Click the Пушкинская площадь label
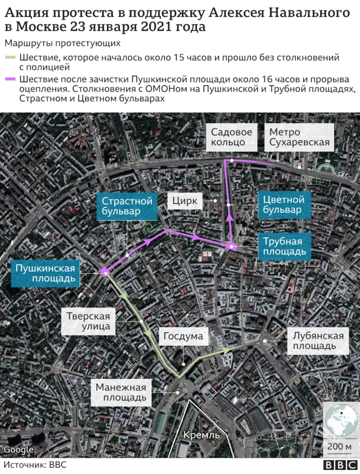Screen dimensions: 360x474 coord(46,272)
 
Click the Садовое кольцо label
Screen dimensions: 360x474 coord(231,137)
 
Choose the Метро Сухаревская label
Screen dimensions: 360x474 coord(299,137)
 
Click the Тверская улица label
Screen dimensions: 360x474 coord(88,320)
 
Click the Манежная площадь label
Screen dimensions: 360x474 coord(120,392)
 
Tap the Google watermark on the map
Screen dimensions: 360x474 coord(19,449)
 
